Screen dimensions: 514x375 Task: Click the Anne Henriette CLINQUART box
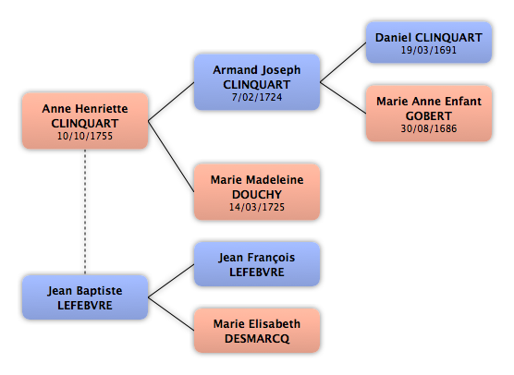click(85, 121)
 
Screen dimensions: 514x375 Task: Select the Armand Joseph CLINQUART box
click(257, 82)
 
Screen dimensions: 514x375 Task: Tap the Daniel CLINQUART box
click(428, 42)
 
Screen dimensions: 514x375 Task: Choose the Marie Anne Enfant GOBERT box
click(428, 114)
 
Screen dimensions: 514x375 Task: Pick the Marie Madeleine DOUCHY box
click(257, 192)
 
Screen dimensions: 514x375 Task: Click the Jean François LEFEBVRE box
click(257, 264)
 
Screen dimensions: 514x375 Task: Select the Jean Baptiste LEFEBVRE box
click(85, 297)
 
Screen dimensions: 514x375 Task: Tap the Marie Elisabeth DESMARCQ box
click(257, 331)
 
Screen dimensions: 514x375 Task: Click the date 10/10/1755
click(85, 136)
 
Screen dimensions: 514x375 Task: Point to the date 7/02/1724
click(257, 97)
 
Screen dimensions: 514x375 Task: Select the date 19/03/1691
click(428, 50)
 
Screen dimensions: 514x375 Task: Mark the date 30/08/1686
click(428, 128)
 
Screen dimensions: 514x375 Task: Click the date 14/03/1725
click(257, 207)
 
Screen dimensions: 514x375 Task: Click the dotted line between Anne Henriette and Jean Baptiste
click(85, 212)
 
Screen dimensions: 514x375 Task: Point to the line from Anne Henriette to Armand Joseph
click(171, 102)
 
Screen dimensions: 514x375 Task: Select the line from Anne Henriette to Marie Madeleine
click(171, 156)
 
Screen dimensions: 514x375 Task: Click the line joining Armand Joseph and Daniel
click(343, 62)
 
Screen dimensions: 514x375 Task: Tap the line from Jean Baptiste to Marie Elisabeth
click(171, 314)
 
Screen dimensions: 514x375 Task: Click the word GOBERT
click(428, 116)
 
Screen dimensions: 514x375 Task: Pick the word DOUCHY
click(257, 195)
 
